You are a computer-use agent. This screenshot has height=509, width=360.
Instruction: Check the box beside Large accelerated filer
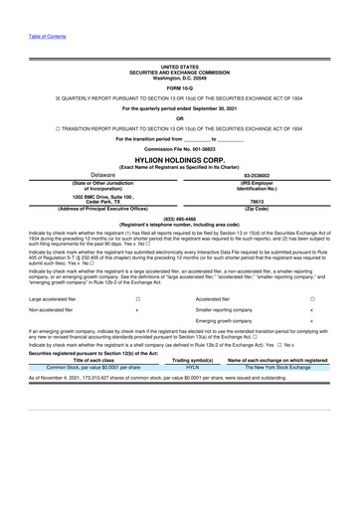coord(137,297)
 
